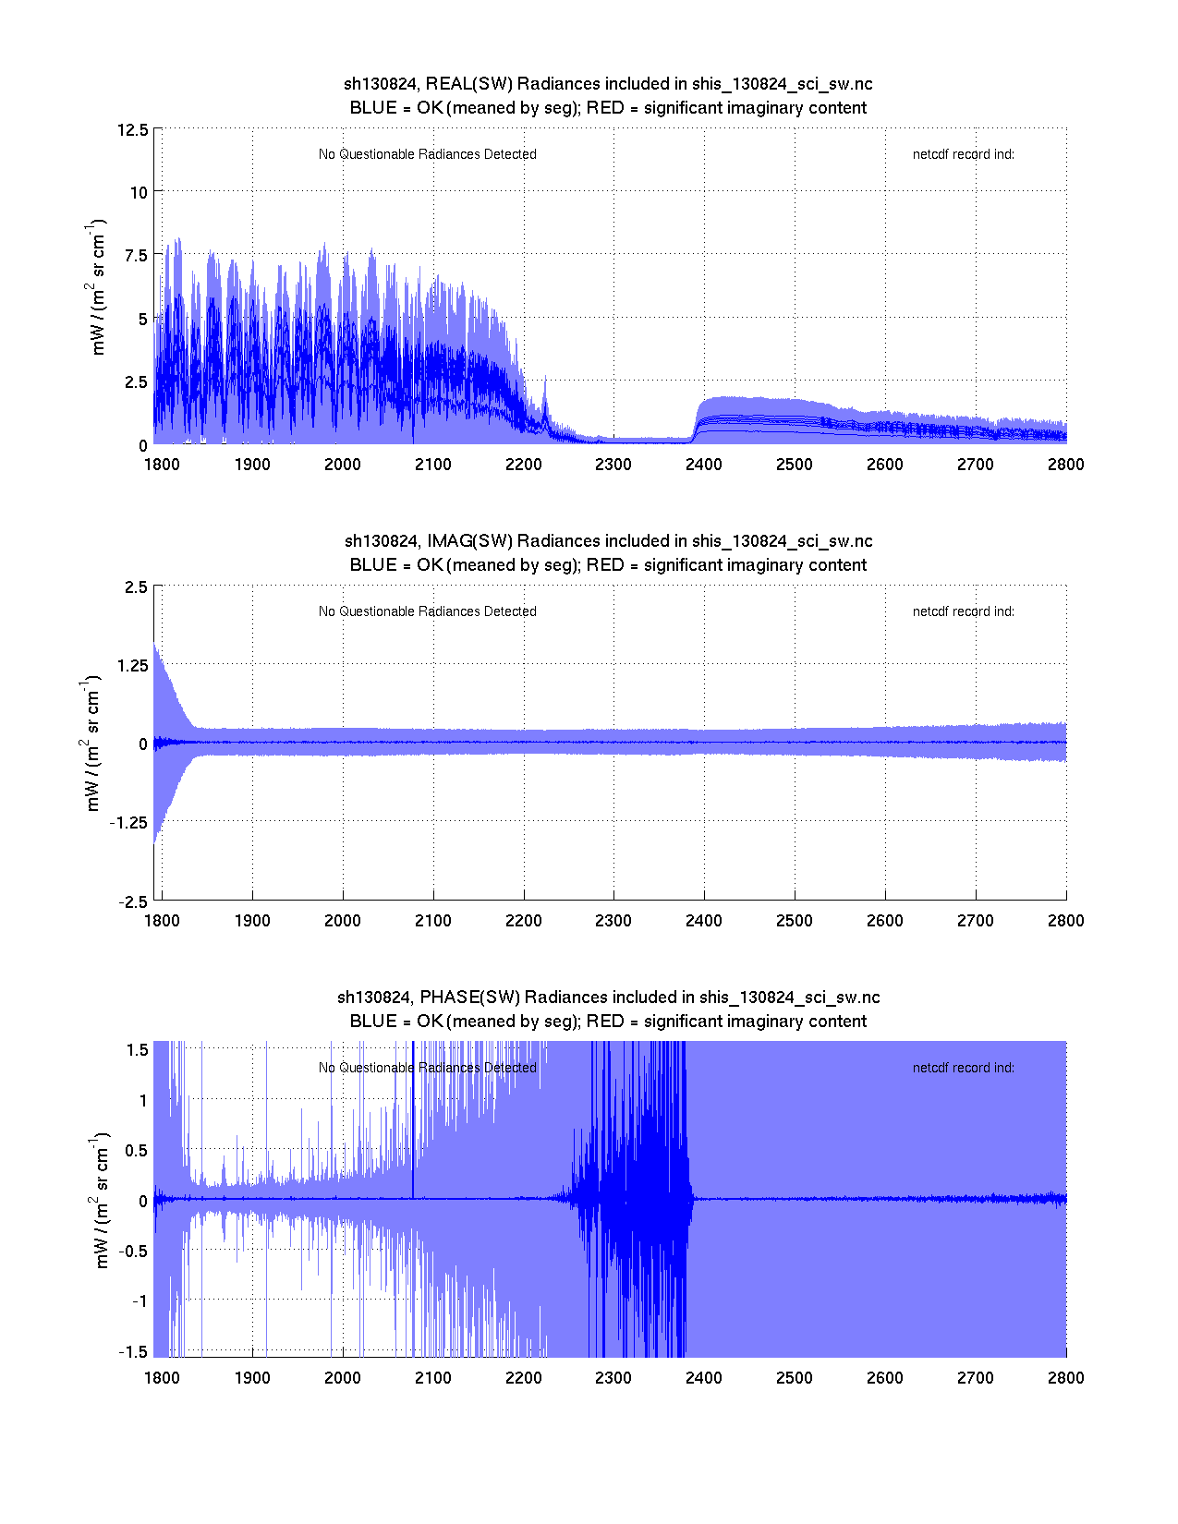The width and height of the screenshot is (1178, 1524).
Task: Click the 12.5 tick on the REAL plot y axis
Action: (132, 129)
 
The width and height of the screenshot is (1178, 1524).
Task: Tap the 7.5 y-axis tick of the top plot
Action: (136, 256)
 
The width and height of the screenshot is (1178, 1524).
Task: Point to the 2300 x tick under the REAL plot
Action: (613, 465)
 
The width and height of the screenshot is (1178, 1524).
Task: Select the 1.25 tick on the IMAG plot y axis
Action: (130, 666)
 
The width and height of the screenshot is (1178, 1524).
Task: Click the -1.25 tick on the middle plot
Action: (128, 823)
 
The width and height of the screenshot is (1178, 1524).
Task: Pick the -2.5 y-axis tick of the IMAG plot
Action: (132, 902)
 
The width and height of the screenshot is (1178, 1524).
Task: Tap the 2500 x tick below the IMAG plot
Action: (795, 921)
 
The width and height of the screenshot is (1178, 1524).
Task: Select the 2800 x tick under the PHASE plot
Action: (1065, 1378)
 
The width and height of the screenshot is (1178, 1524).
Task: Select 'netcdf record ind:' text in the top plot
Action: (963, 154)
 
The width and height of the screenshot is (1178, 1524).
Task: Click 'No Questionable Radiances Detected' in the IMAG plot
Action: (427, 611)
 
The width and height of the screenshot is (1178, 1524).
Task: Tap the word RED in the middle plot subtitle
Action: (605, 565)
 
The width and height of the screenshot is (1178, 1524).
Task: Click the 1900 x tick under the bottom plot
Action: (252, 1378)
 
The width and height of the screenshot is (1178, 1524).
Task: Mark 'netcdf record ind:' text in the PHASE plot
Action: (963, 1068)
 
